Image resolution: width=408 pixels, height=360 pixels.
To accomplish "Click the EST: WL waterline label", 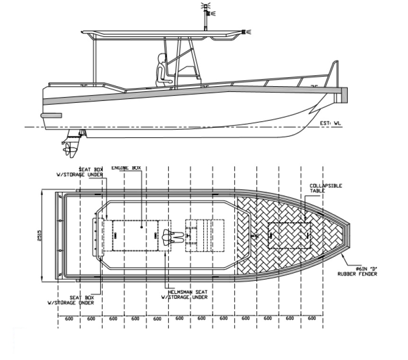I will pos(330,123).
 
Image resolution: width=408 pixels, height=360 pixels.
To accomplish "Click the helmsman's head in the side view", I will pos(162,59).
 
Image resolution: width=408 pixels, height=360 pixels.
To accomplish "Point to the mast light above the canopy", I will pos(205,8).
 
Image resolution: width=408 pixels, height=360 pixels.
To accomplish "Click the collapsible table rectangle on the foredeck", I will pos(288,235).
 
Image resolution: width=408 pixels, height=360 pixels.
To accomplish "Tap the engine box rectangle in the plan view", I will pos(135,235).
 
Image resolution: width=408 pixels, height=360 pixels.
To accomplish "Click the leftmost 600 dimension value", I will pos(69,318).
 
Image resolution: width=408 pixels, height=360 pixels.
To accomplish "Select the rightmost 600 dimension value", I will pos(311,318).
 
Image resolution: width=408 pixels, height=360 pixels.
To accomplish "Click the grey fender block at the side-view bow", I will pos(344,95).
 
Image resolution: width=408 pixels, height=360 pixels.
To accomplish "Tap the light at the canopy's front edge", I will pos(246,32).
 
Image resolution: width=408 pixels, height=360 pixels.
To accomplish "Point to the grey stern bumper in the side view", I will pos(51,115).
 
